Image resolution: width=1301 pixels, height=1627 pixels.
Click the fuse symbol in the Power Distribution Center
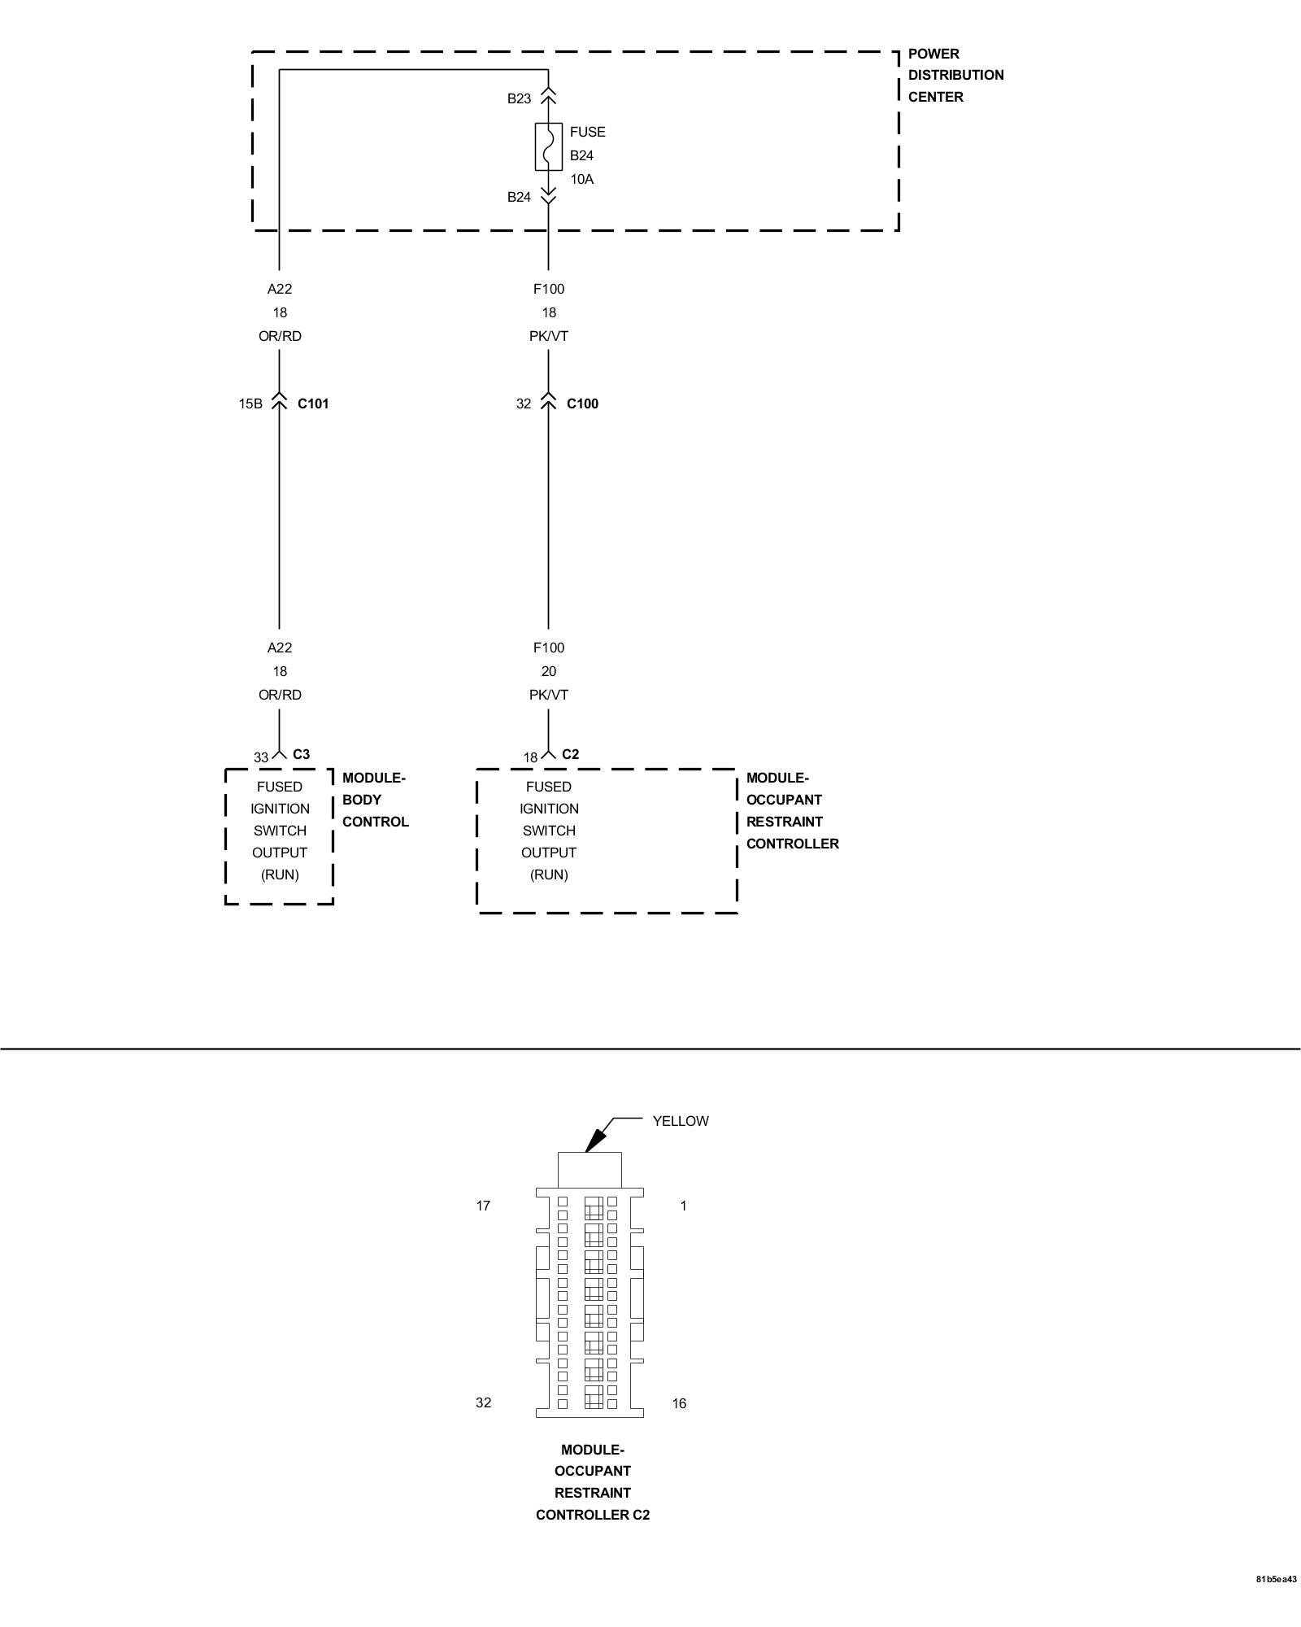(x=548, y=147)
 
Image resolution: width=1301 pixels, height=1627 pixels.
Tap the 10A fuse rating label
(x=581, y=179)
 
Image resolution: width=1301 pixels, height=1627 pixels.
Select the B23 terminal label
(x=519, y=98)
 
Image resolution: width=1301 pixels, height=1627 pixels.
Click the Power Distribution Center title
(x=955, y=75)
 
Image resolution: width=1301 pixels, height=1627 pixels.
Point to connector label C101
(x=313, y=403)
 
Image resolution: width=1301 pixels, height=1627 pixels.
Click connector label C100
(x=582, y=403)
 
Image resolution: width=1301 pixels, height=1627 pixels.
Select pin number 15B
(x=250, y=403)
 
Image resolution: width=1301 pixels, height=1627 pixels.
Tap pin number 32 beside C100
(x=524, y=403)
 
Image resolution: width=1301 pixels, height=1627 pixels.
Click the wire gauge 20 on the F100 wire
(x=549, y=671)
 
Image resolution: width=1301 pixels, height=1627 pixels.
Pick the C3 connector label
(x=301, y=754)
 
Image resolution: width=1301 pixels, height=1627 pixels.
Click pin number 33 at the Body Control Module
(x=260, y=757)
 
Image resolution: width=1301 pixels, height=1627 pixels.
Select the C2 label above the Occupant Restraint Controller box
(x=571, y=754)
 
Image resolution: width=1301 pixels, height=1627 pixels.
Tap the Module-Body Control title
(x=375, y=800)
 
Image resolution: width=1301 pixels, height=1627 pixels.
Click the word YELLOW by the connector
(x=681, y=1121)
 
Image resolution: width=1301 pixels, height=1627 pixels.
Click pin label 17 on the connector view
(x=483, y=1206)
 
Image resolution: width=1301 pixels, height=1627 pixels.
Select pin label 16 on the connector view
(x=679, y=1403)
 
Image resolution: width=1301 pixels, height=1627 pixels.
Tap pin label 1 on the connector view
(x=683, y=1206)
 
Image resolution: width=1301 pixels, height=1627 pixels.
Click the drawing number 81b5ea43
(x=1276, y=1603)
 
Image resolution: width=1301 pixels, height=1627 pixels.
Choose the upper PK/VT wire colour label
(x=549, y=336)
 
